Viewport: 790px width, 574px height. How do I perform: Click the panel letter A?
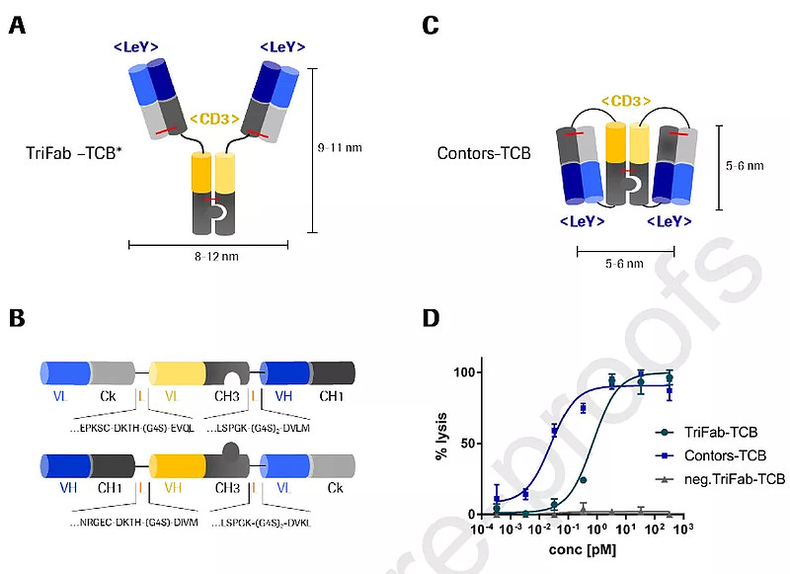tap(17, 25)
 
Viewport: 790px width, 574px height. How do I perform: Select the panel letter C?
tap(431, 25)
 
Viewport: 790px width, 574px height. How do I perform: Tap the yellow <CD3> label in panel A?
tap(214, 119)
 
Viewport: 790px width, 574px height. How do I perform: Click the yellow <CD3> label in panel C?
tap(626, 100)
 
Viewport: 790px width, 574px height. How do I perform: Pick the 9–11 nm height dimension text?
tap(340, 148)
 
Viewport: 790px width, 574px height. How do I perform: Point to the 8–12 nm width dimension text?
tap(214, 256)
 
